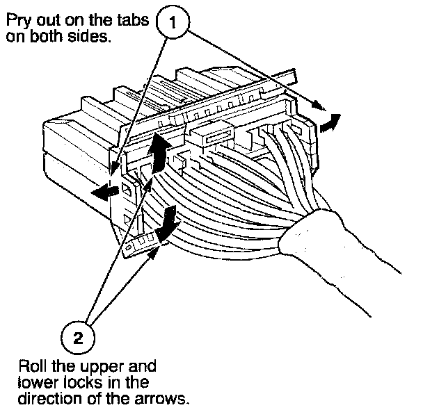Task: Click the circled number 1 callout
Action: coord(175,22)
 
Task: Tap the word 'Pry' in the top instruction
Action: coord(17,22)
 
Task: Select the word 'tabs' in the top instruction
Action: coord(132,22)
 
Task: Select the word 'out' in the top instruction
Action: coord(47,22)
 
